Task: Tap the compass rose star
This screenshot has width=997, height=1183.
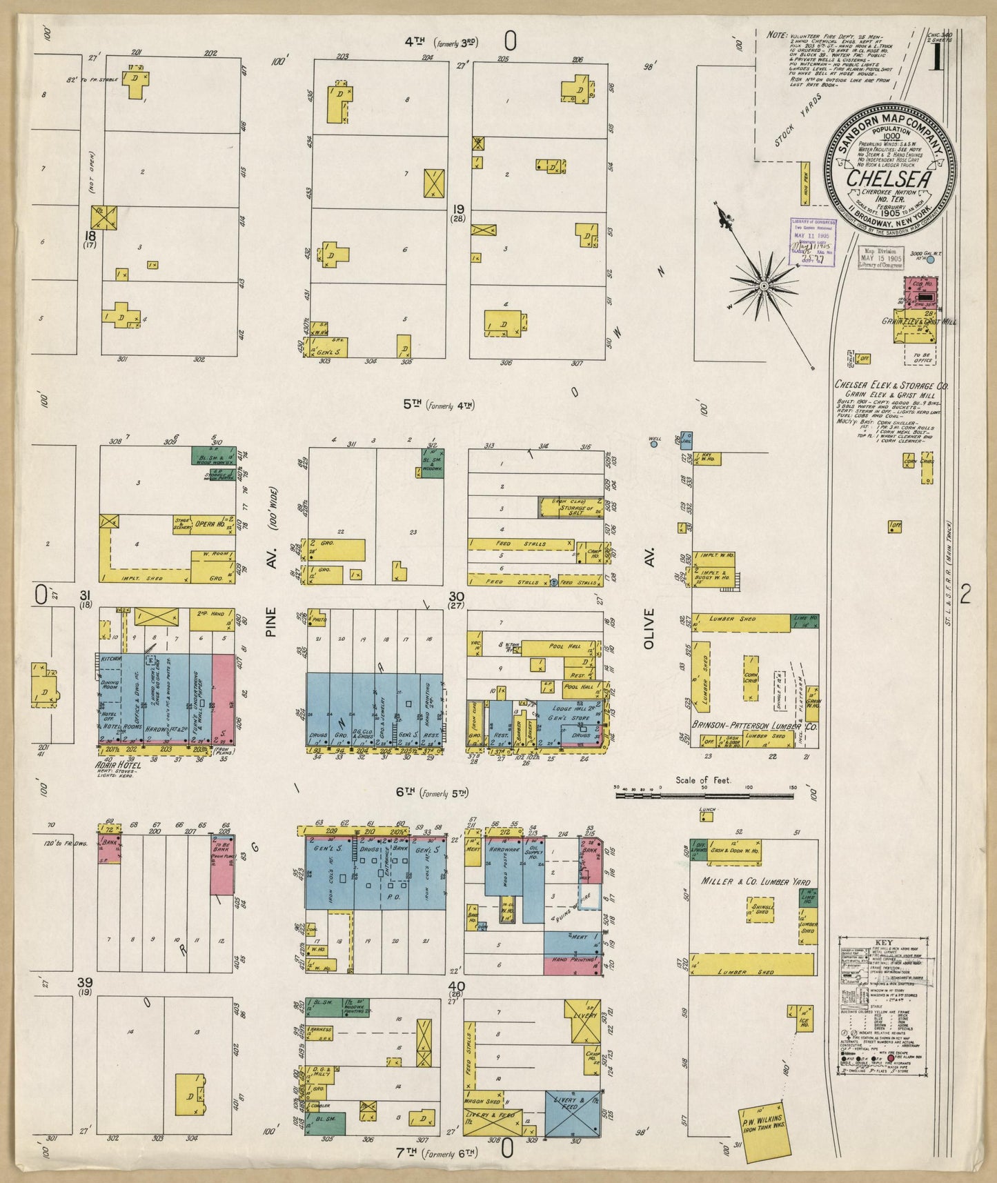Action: pos(764,285)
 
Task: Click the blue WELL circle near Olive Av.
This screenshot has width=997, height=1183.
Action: pos(653,444)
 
